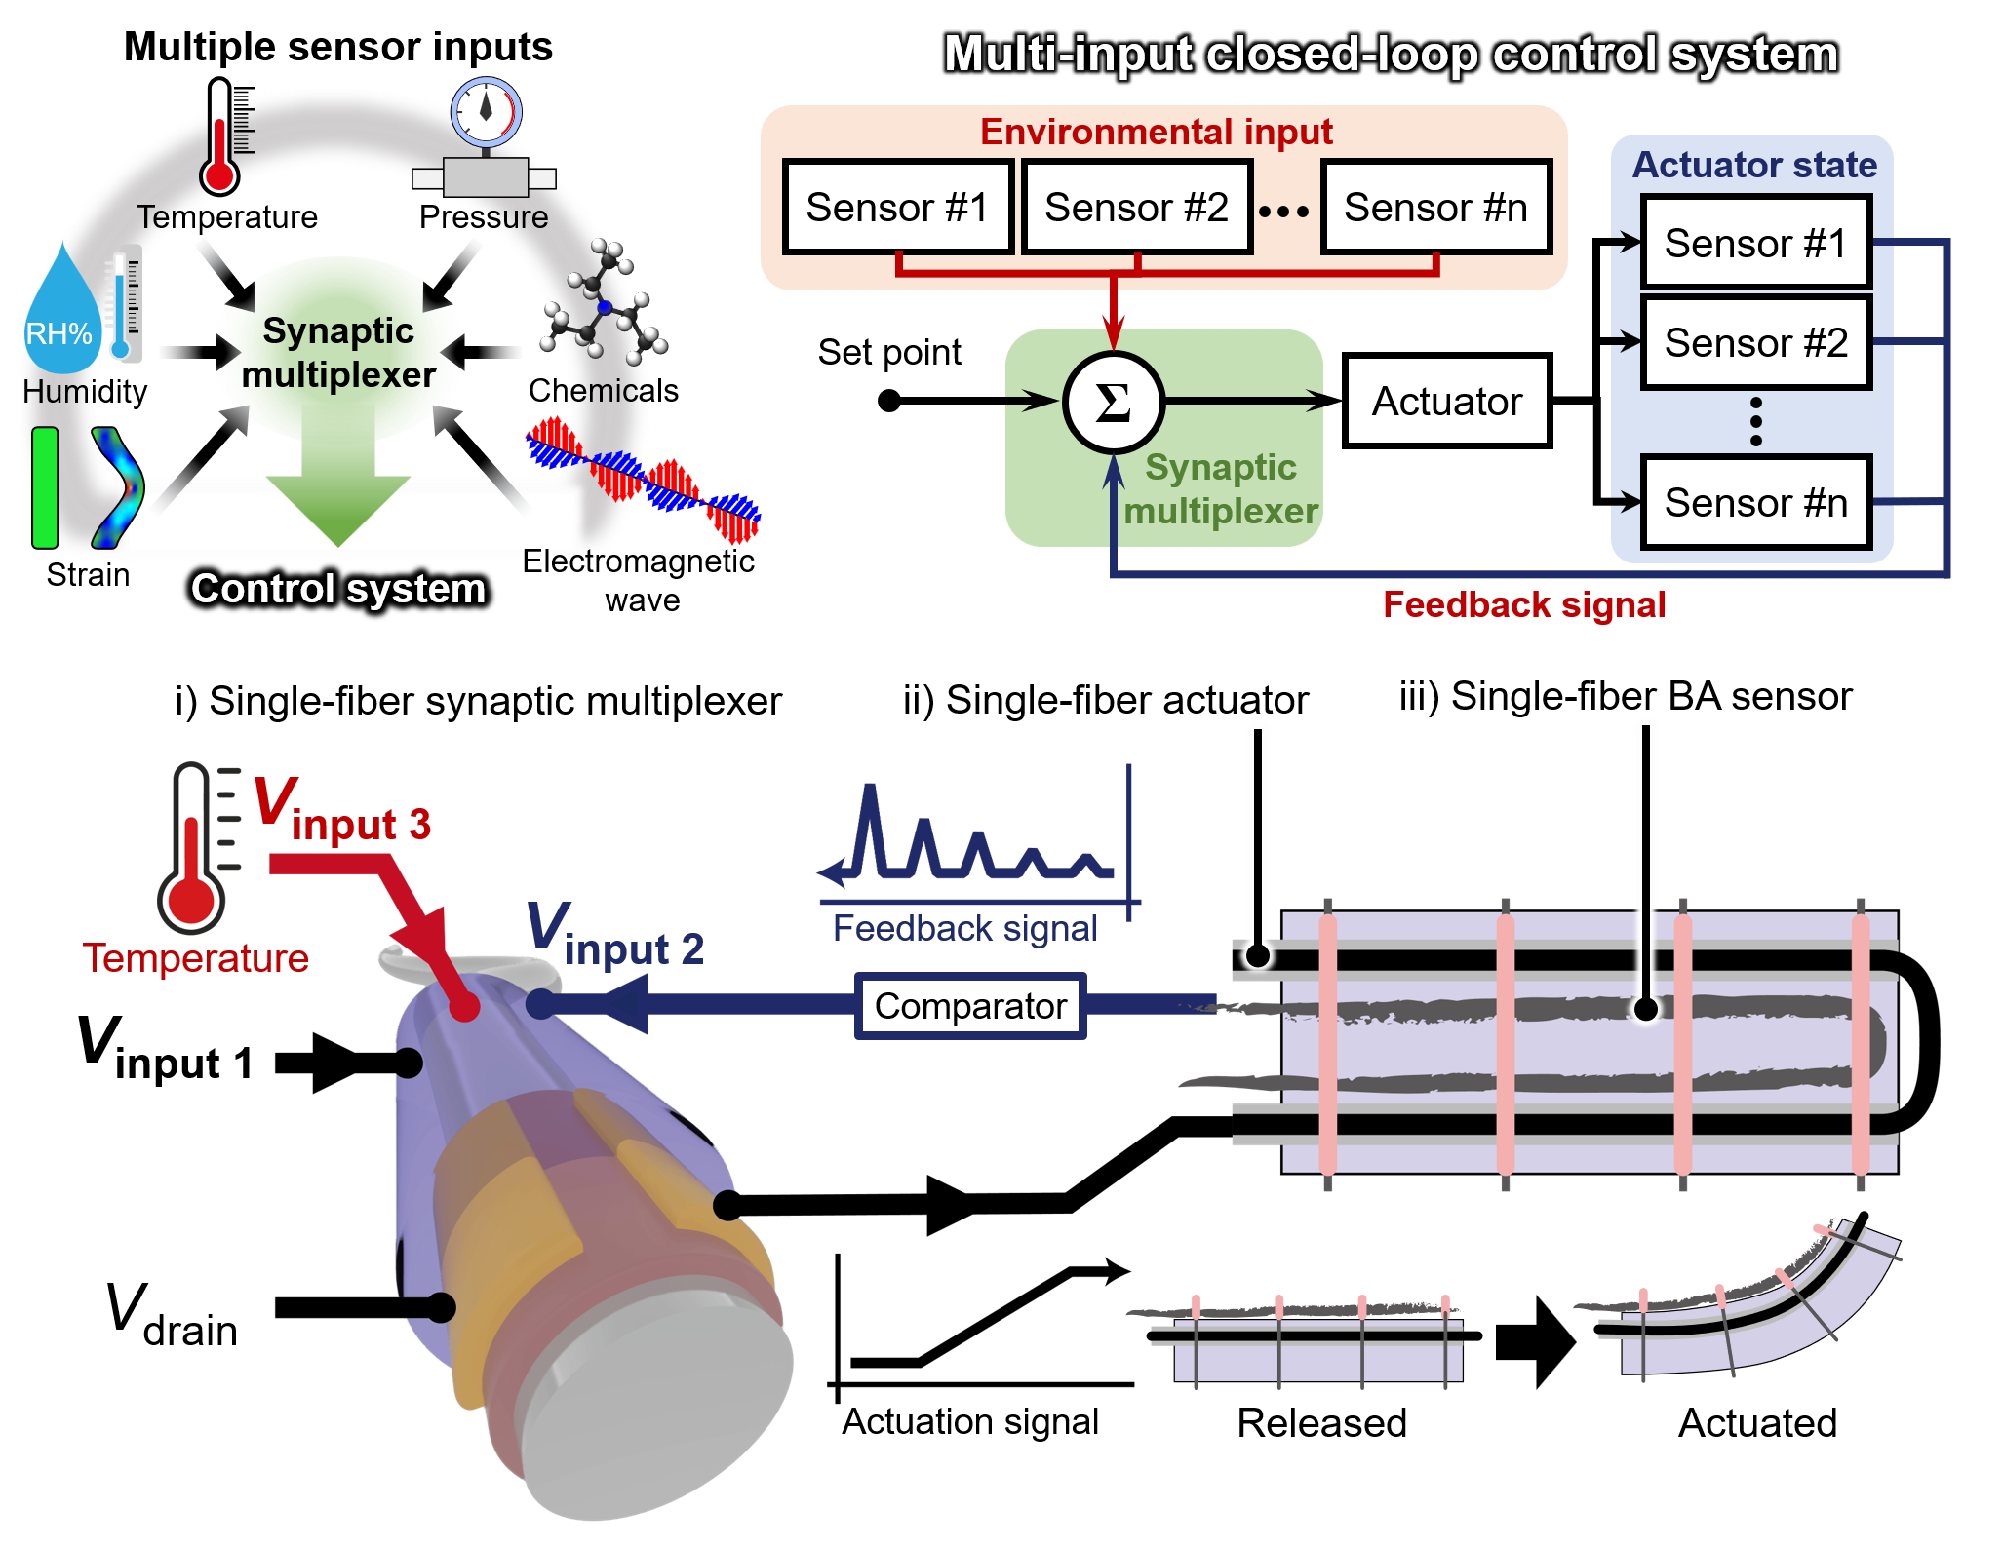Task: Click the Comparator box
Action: pos(970,1006)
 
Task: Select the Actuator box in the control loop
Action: pos(1447,401)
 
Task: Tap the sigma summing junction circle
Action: pos(1114,402)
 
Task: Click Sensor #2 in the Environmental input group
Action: pos(1136,207)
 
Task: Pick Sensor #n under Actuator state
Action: pos(1755,503)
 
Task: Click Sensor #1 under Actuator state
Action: pos(1755,243)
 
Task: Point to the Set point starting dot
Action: pos(888,401)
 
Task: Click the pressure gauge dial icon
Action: pos(486,111)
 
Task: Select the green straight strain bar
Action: pos(45,487)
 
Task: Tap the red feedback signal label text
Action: pos(1524,605)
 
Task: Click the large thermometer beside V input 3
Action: pos(199,847)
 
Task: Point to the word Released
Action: pos(1321,1423)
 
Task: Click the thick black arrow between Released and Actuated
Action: pos(1536,1341)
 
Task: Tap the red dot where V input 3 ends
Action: pos(464,1006)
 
